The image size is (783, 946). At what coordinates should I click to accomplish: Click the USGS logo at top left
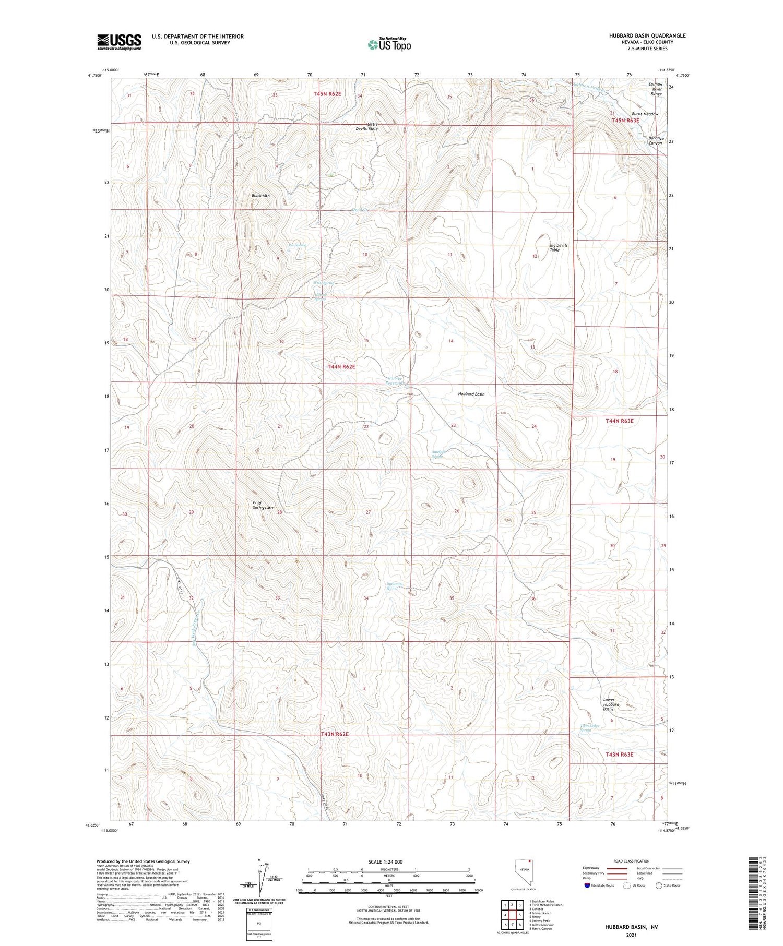tap(119, 42)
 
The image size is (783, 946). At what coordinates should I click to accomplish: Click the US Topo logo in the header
tap(389, 44)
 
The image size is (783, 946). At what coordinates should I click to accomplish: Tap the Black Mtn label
tap(260, 196)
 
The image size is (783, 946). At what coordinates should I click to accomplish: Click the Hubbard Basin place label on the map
tap(471, 394)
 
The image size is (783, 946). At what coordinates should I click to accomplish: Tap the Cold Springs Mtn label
tap(264, 505)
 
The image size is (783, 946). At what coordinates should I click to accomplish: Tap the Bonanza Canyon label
tap(655, 140)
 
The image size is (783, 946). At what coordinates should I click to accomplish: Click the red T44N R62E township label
tap(341, 367)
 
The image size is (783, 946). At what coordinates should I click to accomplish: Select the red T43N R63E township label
tap(619, 755)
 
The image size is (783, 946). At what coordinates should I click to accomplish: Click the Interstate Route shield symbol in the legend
tap(587, 885)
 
